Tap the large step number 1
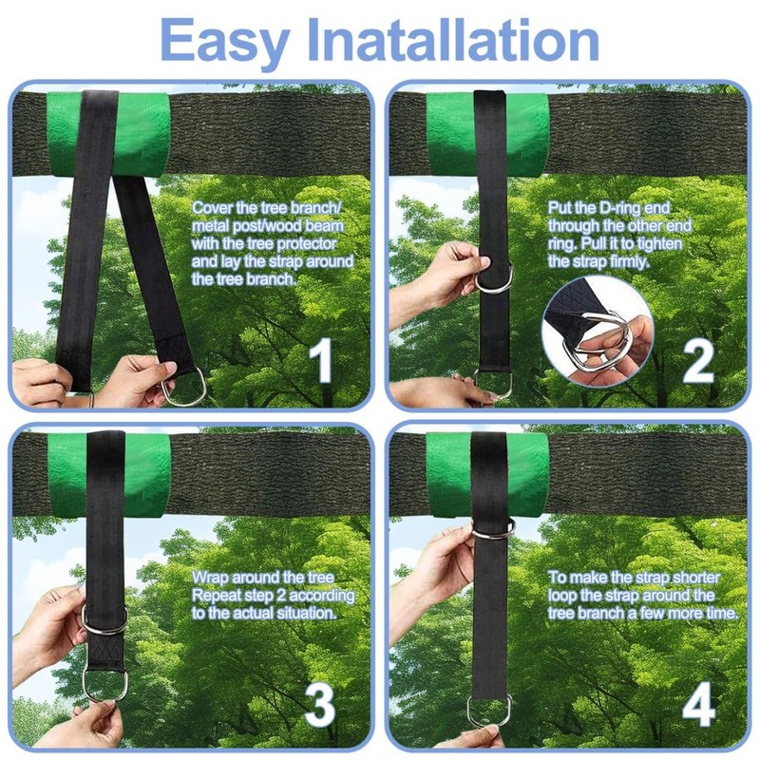point(320,360)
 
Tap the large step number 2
point(698,361)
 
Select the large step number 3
point(320,704)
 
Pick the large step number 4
point(698,704)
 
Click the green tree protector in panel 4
point(487,474)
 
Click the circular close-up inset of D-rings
point(598,332)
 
